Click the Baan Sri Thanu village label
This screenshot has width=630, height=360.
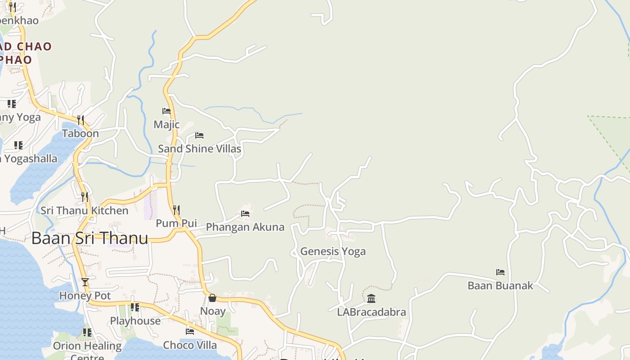pos(90,238)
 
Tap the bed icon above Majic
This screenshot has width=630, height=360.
pos(166,111)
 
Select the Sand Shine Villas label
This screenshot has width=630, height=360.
pos(199,148)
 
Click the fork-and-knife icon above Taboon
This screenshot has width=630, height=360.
pos(81,120)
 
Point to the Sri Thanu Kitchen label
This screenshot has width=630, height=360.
pos(84,211)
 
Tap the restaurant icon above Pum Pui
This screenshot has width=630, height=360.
pos(176,210)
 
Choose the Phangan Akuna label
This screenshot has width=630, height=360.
pos(245,227)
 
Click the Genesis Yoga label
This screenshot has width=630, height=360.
pos(333,252)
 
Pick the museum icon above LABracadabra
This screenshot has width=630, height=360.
pos(371,298)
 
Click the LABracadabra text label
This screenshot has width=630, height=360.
pos(371,312)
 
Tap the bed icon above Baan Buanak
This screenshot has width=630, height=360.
pos(500,272)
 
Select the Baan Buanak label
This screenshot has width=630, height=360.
pos(500,285)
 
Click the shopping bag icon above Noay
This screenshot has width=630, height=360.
pos(212,298)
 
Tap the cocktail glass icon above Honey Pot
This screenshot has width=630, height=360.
pos(85,282)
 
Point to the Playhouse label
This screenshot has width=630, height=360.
pos(135,321)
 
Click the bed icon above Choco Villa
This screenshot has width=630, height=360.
pos(190,332)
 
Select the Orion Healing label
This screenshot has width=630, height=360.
pos(87,346)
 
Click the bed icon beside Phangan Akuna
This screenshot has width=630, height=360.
pos(245,213)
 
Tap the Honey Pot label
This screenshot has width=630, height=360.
pos(85,296)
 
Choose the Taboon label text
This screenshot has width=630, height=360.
pos(81,133)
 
